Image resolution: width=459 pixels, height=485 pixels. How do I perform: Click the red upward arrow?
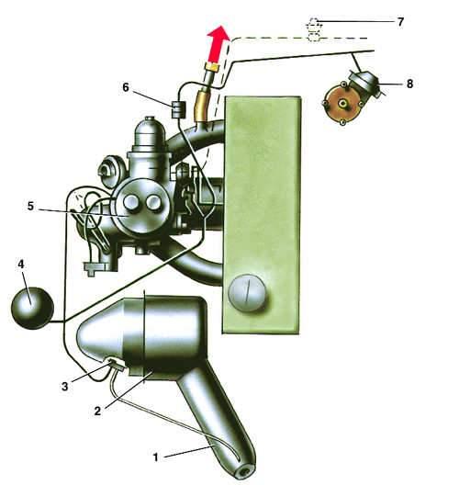[x=218, y=43]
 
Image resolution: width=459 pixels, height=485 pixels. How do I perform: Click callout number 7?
[x=400, y=22]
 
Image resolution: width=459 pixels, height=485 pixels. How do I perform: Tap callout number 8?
[x=409, y=84]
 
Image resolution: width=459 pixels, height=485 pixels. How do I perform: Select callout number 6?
[x=126, y=87]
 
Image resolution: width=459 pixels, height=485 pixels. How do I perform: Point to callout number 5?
[x=30, y=206]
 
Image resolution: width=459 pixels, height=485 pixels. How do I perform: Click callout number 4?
[x=21, y=265]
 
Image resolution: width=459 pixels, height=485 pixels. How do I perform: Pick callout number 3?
[x=64, y=387]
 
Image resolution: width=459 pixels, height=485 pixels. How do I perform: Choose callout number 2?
[x=97, y=412]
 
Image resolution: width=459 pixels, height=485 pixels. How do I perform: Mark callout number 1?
[x=156, y=457]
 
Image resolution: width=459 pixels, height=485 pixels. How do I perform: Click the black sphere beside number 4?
[x=32, y=308]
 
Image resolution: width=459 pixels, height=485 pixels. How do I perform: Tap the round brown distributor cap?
[x=341, y=104]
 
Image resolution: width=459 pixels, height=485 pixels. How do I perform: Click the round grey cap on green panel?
[x=247, y=292]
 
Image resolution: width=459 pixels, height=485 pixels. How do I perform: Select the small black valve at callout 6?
[x=178, y=109]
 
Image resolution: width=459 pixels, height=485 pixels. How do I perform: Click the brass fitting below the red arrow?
[x=212, y=66]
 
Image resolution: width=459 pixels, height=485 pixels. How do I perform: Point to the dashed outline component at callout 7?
[x=314, y=30]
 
